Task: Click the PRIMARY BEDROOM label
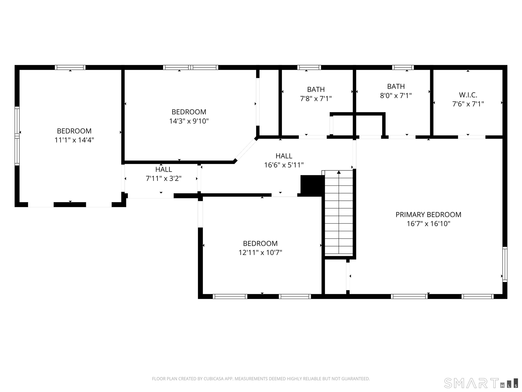[x=428, y=215]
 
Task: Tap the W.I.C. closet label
[x=468, y=95]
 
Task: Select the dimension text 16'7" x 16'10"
[x=428, y=223]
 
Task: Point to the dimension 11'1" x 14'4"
[x=74, y=140]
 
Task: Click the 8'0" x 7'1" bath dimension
[x=396, y=96]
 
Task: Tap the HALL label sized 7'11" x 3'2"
[x=164, y=169]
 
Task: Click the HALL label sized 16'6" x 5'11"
[x=284, y=156]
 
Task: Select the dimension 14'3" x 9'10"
[x=189, y=121]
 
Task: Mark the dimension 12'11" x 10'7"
[x=260, y=252]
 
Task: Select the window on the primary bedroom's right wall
[x=505, y=264]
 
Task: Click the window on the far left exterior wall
[x=17, y=136]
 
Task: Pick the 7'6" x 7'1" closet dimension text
[x=468, y=104]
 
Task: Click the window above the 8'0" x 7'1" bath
[x=403, y=67]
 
